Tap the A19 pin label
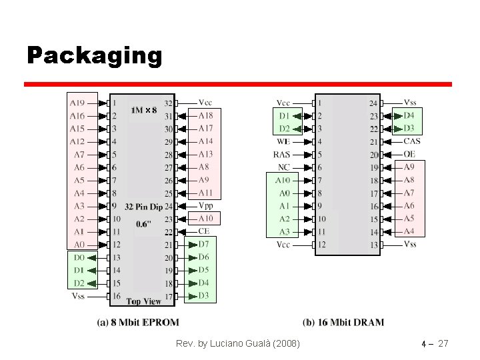(x=77, y=103)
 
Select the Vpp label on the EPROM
(x=206, y=206)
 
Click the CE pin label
(x=204, y=231)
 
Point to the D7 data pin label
(x=204, y=245)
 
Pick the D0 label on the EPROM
(x=79, y=257)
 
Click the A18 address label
(x=206, y=115)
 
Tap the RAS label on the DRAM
(x=281, y=155)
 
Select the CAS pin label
(x=412, y=141)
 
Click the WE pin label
(x=283, y=141)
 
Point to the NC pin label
(x=284, y=167)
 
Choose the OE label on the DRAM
(x=410, y=154)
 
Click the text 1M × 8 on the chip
(x=144, y=109)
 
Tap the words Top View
(x=143, y=301)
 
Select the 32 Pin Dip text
(x=143, y=207)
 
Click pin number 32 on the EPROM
(x=168, y=103)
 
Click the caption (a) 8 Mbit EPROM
(x=138, y=323)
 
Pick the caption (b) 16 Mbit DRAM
(x=343, y=323)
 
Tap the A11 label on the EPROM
(x=206, y=193)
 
